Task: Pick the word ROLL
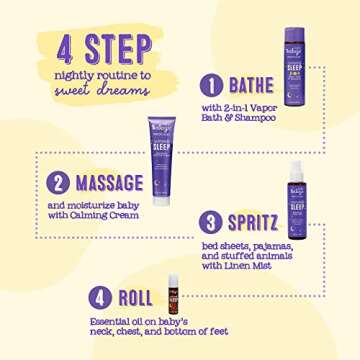pyautogui.click(x=133, y=297)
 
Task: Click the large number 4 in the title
pyautogui.click(x=59, y=49)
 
